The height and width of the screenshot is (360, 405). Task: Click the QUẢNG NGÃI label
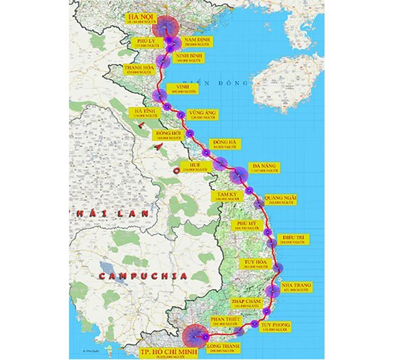click(x=280, y=200)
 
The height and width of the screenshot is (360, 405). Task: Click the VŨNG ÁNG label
click(x=202, y=115)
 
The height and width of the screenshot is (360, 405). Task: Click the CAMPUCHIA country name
click(x=143, y=275)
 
